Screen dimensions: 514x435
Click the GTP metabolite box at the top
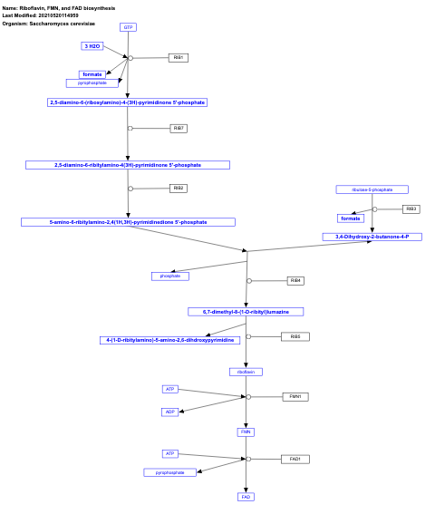[128, 27]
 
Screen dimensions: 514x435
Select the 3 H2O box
[92, 45]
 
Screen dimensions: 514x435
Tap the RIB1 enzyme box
[179, 58]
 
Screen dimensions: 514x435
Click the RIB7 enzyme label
[179, 128]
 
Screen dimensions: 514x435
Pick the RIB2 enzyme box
[179, 189]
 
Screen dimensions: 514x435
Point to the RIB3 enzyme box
[411, 209]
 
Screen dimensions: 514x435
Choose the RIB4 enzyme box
[295, 280]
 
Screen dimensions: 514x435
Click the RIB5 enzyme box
[295, 336]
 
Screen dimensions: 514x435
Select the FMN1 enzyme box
[295, 396]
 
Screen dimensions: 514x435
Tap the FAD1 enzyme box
[295, 459]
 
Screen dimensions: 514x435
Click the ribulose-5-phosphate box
[372, 189]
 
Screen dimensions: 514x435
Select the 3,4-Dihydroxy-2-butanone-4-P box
[372, 237]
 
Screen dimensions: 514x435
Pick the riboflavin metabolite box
[246, 372]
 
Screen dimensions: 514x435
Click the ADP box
[169, 412]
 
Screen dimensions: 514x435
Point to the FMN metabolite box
[246, 432]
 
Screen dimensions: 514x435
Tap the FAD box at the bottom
[246, 497]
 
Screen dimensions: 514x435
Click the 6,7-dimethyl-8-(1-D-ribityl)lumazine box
[246, 311]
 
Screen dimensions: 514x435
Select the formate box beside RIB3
[351, 218]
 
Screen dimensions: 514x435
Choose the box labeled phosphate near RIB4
[170, 276]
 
